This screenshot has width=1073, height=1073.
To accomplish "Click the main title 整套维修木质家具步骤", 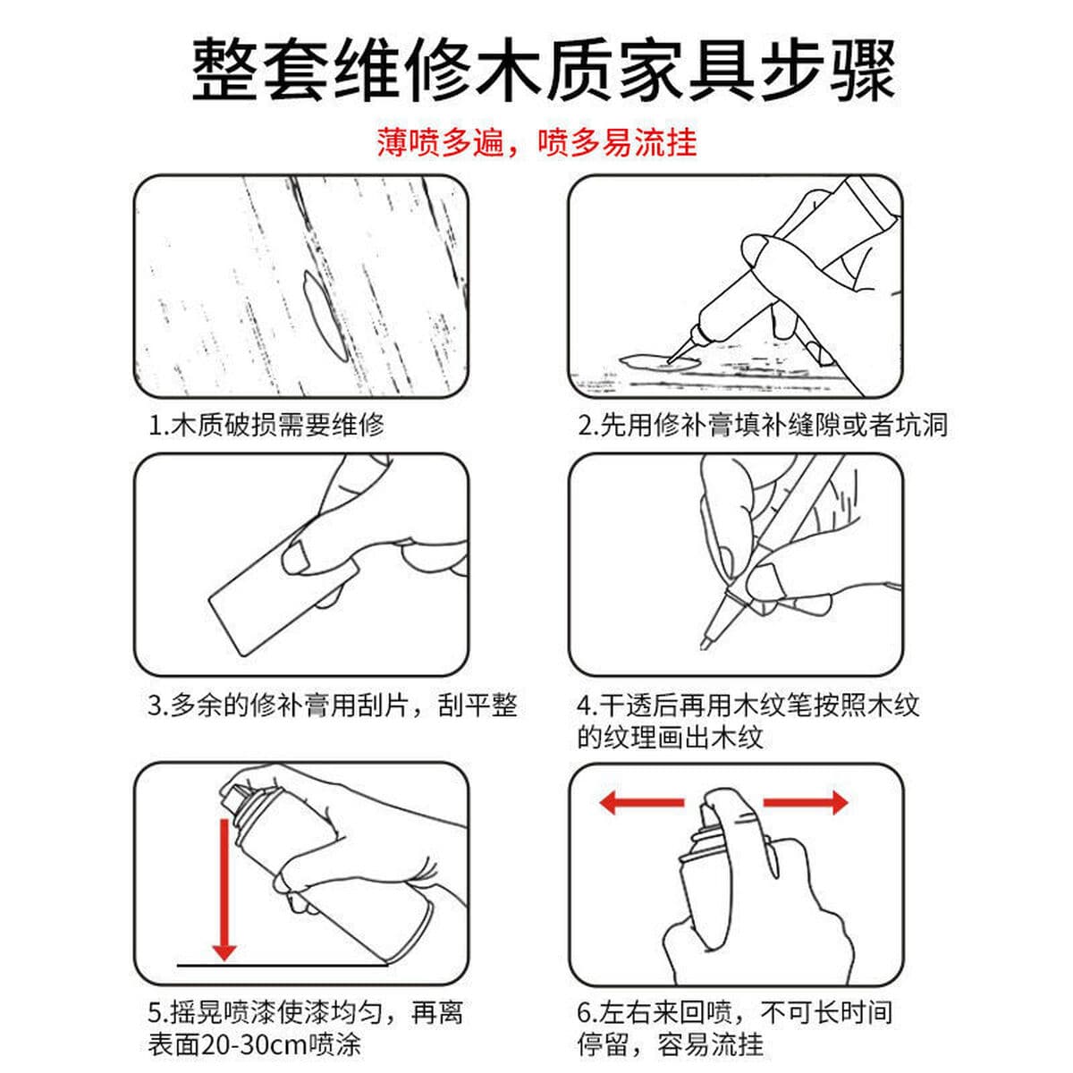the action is (543, 71).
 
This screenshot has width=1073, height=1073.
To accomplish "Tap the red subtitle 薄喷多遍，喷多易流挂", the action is (536, 142).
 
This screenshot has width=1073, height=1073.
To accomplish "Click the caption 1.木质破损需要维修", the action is (266, 425).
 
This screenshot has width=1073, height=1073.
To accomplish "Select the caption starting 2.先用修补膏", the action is (763, 425).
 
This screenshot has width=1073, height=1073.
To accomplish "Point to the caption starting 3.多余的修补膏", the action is (333, 705).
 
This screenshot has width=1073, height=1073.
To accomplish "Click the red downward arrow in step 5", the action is (224, 890).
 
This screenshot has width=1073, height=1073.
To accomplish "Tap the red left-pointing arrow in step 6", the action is (641, 802).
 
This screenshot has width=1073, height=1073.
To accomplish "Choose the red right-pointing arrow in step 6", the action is (806, 802).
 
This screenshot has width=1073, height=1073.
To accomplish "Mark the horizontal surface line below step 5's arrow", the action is (283, 966).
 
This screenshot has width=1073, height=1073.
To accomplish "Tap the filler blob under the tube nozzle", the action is (659, 362).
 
